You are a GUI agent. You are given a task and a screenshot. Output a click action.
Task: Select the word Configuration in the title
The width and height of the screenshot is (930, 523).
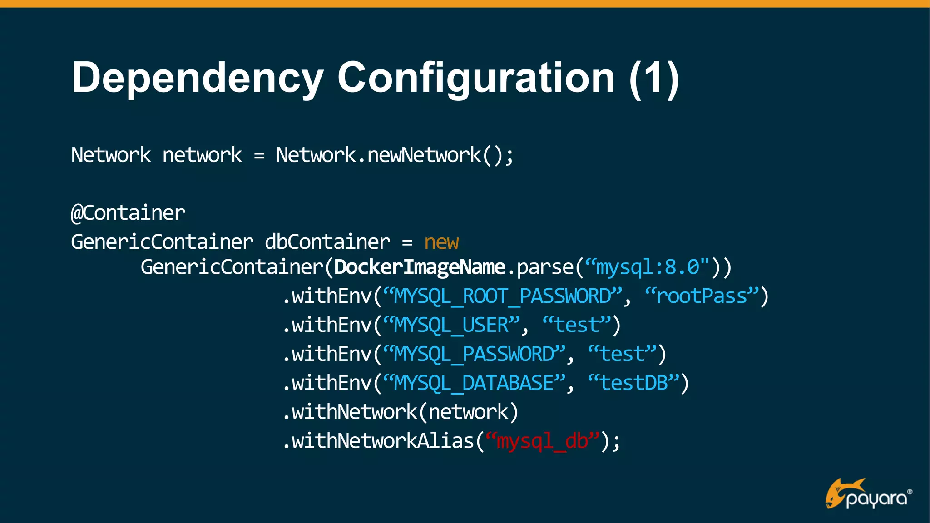point(476,78)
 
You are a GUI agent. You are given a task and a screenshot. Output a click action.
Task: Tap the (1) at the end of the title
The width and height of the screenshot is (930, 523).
point(654,78)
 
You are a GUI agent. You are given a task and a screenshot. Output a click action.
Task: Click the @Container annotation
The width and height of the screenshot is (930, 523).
point(128,213)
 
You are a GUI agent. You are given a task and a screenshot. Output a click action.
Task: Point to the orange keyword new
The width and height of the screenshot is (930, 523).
point(441,242)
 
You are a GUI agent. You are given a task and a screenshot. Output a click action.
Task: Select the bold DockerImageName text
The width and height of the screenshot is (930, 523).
point(420,267)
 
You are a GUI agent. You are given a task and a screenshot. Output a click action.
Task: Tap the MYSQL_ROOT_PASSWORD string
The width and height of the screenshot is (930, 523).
point(502,296)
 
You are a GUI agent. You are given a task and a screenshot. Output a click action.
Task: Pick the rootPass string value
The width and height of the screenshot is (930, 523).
point(702,296)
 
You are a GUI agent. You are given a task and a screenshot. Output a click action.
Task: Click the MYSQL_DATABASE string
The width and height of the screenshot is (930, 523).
point(474,383)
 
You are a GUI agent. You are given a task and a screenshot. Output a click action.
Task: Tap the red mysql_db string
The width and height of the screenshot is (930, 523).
point(542,441)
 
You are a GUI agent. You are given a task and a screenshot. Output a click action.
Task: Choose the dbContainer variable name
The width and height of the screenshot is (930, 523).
point(327,242)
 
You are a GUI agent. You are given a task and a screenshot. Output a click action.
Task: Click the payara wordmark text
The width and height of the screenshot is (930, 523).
point(876,499)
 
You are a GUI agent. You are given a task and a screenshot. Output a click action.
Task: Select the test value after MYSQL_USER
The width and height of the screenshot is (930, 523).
point(577,326)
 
